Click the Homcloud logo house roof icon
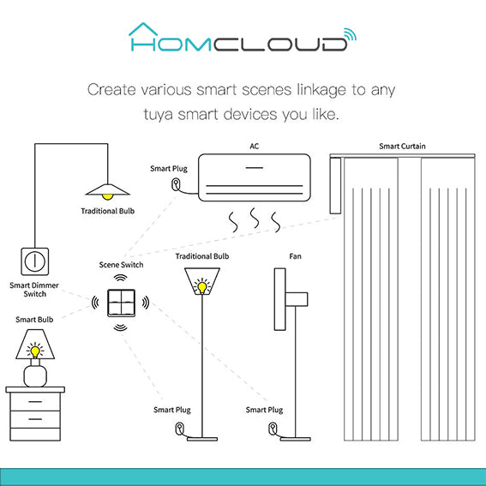143,28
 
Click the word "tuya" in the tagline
158,115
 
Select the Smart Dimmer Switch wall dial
34,261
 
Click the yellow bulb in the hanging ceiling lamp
107,196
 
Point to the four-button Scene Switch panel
121,303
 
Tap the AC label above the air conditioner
255,146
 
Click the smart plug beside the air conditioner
175,184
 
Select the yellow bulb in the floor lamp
202,286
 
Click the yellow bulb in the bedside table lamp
35,351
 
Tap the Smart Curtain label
402,146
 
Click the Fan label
295,256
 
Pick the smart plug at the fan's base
273,429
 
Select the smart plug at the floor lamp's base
180,429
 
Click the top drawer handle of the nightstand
35,401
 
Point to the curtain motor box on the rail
335,185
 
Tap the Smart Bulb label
34,320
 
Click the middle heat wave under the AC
255,218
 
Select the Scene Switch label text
121,265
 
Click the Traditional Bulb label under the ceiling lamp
107,211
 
